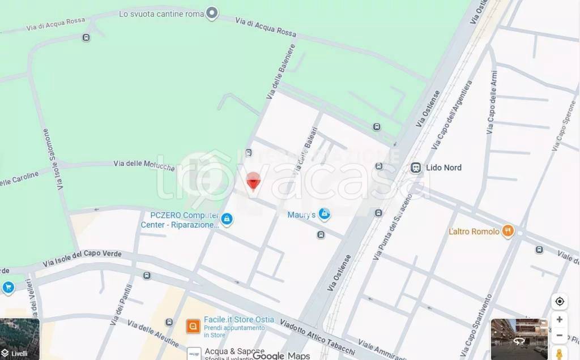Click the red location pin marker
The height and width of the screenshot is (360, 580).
pyautogui.click(x=253, y=181)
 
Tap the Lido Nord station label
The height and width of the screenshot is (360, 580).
pyautogui.click(x=444, y=168)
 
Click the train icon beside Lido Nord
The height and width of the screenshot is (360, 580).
pyautogui.click(x=416, y=168)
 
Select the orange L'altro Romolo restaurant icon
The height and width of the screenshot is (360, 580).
pyautogui.click(x=508, y=231)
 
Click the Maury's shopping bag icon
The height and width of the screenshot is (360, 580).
pyautogui.click(x=324, y=214)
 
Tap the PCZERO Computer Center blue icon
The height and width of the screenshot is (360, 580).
pyautogui.click(x=227, y=219)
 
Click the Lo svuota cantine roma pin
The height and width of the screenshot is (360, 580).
pyautogui.click(x=212, y=13)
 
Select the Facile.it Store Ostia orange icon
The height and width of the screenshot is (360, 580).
pyautogui.click(x=193, y=326)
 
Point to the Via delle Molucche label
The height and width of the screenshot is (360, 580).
pyautogui.click(x=144, y=164)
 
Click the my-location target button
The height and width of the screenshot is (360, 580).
pyautogui.click(x=560, y=301)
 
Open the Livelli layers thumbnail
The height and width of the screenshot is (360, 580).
pyautogui.click(x=20, y=338)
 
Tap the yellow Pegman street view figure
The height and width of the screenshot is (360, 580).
pyautogui.click(x=560, y=354)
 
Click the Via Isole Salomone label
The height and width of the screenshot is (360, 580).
pyautogui.click(x=52, y=160)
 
